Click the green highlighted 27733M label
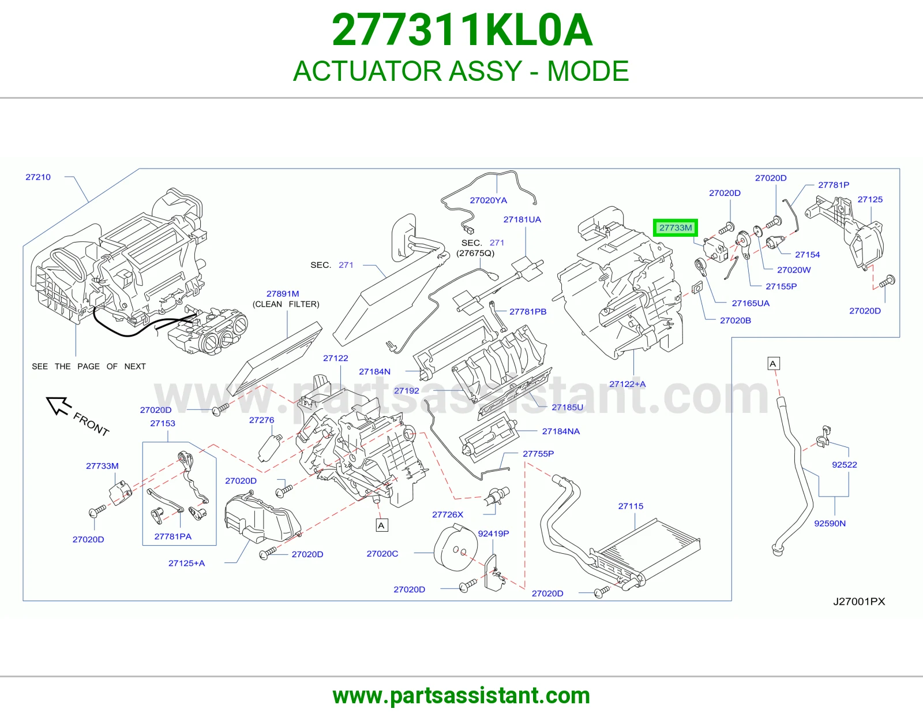676,228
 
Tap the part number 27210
38,177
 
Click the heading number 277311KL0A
461,30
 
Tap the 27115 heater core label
631,506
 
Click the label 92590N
830,523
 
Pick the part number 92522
845,465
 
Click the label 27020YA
489,200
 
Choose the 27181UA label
522,219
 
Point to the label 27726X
448,514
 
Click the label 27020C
382,554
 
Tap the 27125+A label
186,564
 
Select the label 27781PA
173,536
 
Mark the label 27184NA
561,431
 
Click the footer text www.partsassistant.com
461,696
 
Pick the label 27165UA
751,303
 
